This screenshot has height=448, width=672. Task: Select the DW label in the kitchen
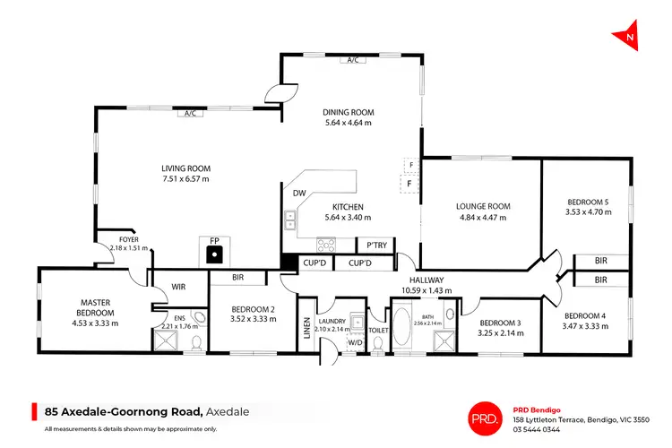coord(298,193)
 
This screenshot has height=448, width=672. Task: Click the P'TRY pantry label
coord(371,245)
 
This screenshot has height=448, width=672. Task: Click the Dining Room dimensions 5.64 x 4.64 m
coord(349,124)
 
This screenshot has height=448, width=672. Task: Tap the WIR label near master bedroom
coord(179,288)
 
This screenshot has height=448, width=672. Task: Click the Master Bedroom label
coord(94,307)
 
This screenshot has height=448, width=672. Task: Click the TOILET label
coord(378,330)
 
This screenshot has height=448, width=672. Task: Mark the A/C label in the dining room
coord(353,60)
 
